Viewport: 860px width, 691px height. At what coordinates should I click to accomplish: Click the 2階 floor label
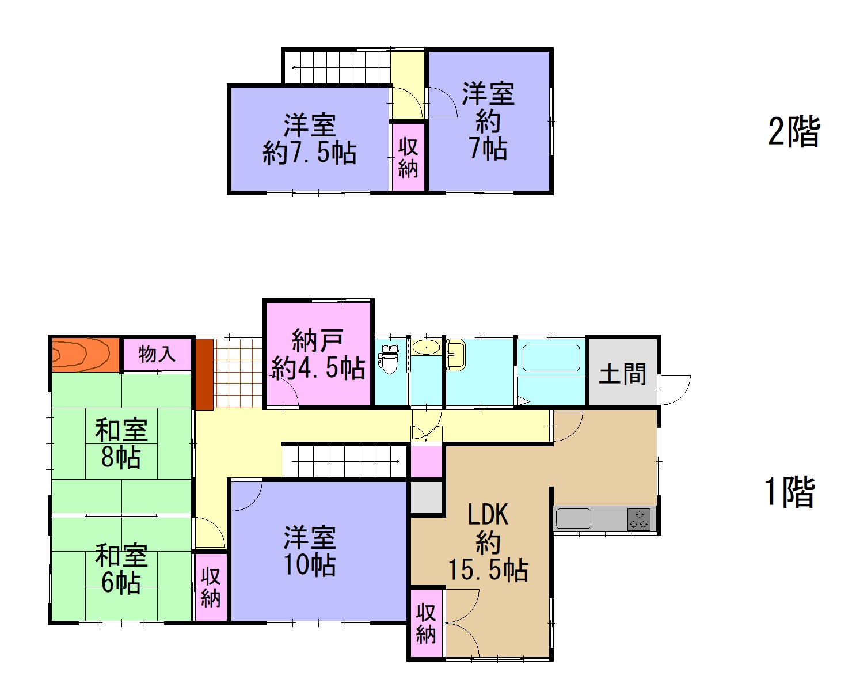click(794, 132)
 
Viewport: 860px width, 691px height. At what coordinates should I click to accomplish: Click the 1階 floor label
click(789, 493)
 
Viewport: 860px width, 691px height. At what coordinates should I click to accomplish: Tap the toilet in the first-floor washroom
click(389, 360)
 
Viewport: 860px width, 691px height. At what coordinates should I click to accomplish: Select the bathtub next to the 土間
click(550, 359)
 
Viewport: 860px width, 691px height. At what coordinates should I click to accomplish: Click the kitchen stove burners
click(638, 519)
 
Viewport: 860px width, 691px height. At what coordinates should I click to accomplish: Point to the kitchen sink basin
click(573, 519)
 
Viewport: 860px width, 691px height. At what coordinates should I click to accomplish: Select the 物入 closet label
click(157, 354)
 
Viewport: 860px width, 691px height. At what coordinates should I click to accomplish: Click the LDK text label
click(488, 514)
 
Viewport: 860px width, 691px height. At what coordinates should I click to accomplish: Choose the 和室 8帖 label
click(121, 444)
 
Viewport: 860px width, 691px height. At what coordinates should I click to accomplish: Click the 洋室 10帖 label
click(310, 551)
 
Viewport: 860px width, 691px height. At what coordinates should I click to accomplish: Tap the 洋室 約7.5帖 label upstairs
click(310, 140)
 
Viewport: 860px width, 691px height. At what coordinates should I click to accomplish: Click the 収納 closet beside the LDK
click(426, 623)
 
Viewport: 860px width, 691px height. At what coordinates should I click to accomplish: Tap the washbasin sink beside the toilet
click(425, 348)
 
